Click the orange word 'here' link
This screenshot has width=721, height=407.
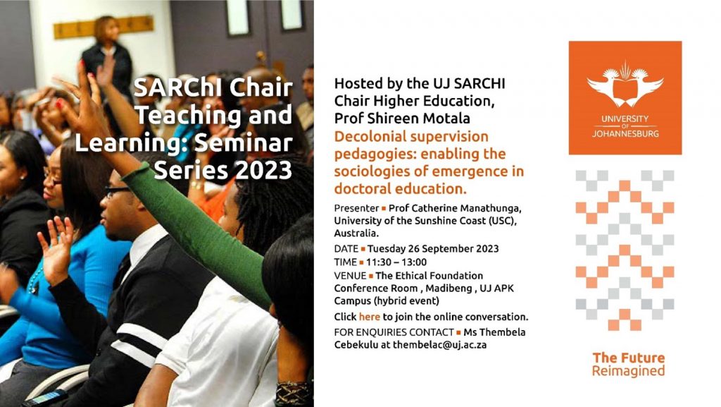click(x=369, y=317)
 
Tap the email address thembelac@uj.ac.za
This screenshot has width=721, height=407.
click(x=439, y=345)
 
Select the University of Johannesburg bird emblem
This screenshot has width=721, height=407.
click(x=625, y=85)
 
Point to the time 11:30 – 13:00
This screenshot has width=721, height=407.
click(x=396, y=262)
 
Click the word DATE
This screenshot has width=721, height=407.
click(x=346, y=248)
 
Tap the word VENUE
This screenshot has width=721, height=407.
click(x=350, y=276)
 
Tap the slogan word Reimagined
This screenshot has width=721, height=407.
click(x=628, y=371)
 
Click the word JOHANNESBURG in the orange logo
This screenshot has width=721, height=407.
click(x=625, y=134)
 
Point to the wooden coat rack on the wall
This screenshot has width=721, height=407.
click(x=104, y=28)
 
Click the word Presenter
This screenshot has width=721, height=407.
click(x=356, y=208)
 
